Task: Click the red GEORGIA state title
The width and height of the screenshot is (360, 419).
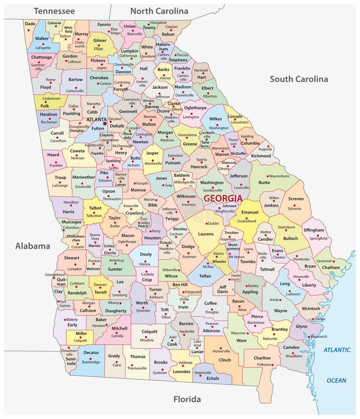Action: coord(223,198)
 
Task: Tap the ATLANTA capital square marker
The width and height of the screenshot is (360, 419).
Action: coord(105,123)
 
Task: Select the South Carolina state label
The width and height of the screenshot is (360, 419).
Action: coord(299,79)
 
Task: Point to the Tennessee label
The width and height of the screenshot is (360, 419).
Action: coord(54,10)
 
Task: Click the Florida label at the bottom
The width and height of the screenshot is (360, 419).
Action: coord(187,399)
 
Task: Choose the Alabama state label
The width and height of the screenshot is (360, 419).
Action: coord(32,246)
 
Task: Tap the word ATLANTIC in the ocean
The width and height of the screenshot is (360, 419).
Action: coord(337,350)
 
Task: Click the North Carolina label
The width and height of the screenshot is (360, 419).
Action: coord(159,11)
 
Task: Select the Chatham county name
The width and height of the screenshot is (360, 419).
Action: coord(331,268)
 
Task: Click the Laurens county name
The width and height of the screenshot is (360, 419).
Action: coord(205,234)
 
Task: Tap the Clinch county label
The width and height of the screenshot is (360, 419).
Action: coord(225,360)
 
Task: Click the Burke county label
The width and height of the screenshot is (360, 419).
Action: coord(264,182)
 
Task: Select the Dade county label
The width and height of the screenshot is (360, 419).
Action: coord(30,23)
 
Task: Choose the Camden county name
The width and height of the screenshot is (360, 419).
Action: coord(292,347)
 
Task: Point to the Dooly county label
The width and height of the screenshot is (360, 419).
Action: coord(146,255)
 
